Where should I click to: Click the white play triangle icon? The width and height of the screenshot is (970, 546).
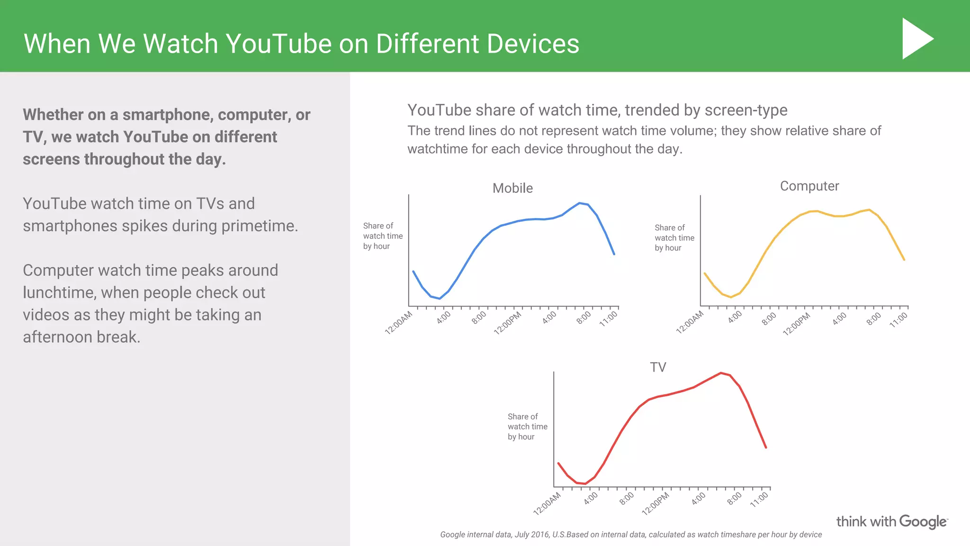[x=916, y=39]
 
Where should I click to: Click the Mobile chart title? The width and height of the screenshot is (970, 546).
[x=512, y=188]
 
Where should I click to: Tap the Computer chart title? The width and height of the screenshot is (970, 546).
[x=809, y=186]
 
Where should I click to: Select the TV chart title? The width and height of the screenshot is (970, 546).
[x=658, y=367]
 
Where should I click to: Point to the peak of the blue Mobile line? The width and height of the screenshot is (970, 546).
[x=579, y=203]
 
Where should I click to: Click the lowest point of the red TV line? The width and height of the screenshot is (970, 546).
[x=585, y=484]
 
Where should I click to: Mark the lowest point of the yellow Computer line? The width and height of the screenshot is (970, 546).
[x=731, y=297]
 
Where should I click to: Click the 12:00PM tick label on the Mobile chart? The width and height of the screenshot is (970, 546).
[x=508, y=323]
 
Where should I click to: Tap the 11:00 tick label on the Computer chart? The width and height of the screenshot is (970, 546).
[x=898, y=320]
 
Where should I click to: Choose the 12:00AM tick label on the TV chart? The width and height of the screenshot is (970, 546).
[x=547, y=503]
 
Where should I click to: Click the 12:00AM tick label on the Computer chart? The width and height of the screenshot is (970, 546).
[x=690, y=322]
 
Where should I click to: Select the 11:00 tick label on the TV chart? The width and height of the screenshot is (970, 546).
[x=759, y=500]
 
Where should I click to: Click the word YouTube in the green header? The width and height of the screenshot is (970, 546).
[x=278, y=44]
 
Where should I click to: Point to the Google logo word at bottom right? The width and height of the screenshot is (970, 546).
[x=923, y=521]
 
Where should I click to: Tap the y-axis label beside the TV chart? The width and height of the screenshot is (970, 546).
[x=527, y=427]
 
